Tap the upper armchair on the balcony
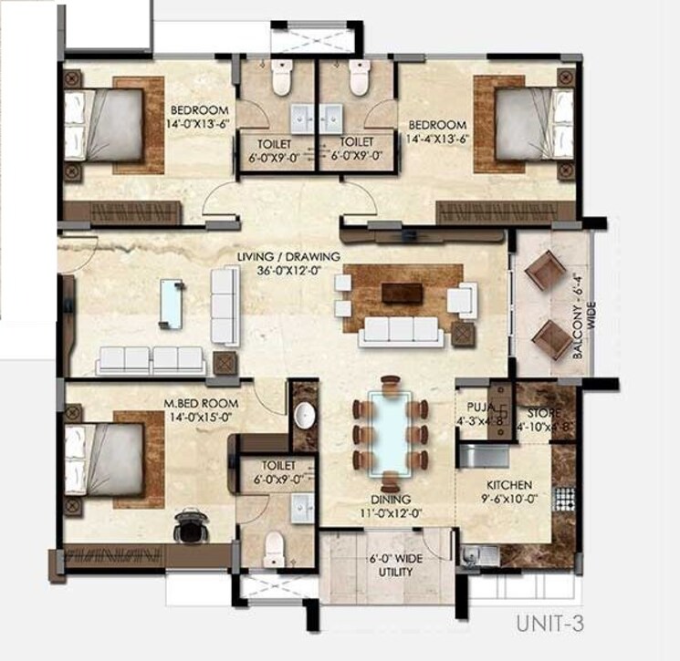coord(549,271)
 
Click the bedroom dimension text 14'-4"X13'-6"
coord(437,139)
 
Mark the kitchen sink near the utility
coord(477,553)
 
